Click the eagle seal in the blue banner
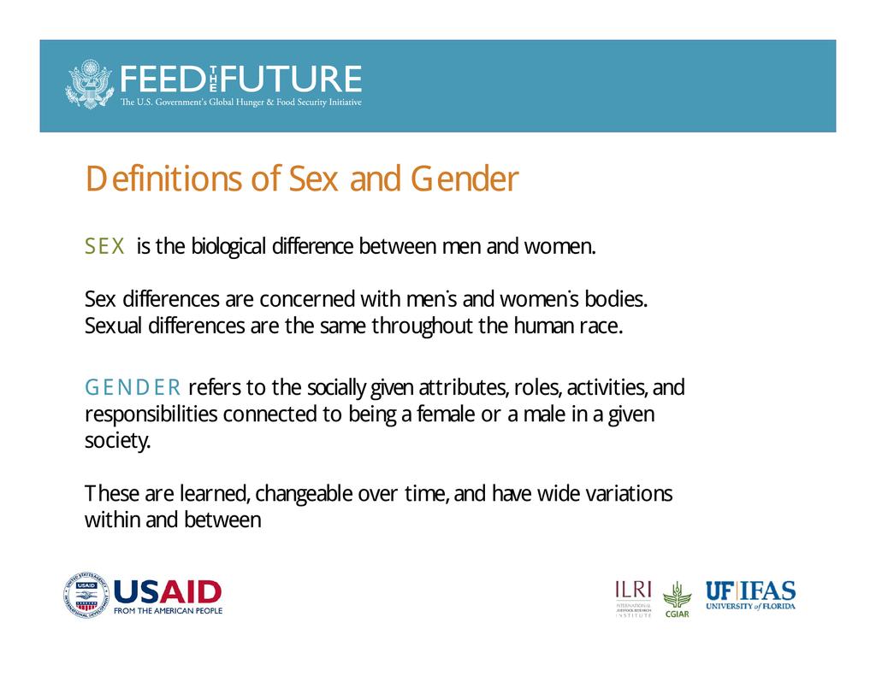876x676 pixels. (89, 84)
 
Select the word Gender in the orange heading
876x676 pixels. (465, 179)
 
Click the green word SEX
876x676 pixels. (105, 246)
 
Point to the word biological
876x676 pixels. (228, 247)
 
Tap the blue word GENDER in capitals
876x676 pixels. (133, 387)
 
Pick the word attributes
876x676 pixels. (463, 387)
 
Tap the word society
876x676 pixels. (118, 441)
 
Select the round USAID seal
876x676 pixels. (86, 596)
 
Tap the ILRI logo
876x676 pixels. (634, 598)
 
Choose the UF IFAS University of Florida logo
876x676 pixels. (750, 595)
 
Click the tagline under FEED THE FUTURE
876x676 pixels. (240, 103)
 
